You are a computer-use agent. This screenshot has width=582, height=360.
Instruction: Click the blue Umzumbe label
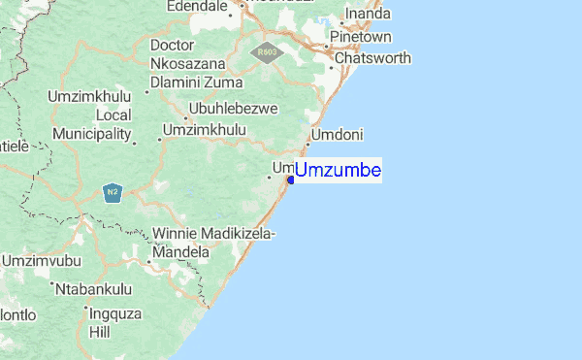[338, 172]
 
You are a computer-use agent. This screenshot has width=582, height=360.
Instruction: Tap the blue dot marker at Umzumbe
[291, 179]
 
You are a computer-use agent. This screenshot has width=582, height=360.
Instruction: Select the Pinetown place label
[360, 37]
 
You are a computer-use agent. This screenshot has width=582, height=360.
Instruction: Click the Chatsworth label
[373, 58]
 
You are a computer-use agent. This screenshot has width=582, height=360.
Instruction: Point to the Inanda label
[368, 14]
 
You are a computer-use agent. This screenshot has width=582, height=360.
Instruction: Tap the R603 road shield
[265, 53]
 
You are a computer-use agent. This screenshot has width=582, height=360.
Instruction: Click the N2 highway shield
[113, 192]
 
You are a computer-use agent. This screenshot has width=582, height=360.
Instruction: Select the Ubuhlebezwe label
[233, 108]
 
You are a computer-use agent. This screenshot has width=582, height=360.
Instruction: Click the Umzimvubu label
[38, 261]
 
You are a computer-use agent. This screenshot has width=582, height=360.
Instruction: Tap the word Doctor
[174, 45]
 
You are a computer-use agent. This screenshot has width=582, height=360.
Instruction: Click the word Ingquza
[115, 313]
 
